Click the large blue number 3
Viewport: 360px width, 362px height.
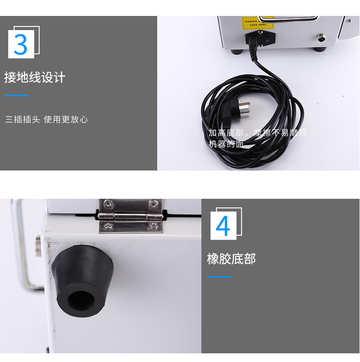(x=21, y=44)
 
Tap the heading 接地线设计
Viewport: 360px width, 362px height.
(x=35, y=78)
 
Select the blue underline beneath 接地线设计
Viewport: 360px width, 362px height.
(x=16, y=96)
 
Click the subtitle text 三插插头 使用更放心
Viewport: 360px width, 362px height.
(x=46, y=119)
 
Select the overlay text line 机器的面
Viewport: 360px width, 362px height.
(x=226, y=144)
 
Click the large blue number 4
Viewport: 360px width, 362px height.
(x=223, y=226)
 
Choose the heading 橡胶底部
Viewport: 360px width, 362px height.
(x=231, y=259)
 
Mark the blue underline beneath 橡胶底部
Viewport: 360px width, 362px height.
(x=219, y=277)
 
